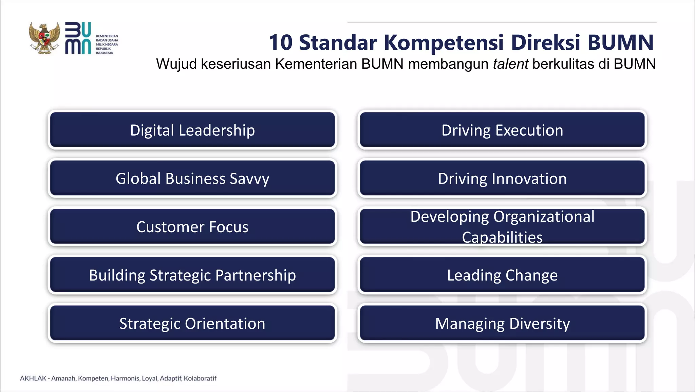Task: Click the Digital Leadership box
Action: coord(192,130)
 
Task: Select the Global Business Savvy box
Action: coord(192,178)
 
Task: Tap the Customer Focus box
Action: coord(192,227)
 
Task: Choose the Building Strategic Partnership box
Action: coord(192,275)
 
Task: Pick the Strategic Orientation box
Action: coord(192,323)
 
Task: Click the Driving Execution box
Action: coord(502,130)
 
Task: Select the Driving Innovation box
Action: coord(502,178)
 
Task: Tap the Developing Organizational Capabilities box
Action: coord(502,227)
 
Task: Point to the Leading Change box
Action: coord(502,275)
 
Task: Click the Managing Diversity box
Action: coord(502,323)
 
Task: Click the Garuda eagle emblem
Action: coord(44,38)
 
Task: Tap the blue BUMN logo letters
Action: coord(78,38)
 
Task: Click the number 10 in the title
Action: coord(281,43)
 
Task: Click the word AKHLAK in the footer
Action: coord(33,378)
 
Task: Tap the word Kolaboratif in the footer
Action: coord(200,378)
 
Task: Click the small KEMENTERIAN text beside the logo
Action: coord(107,36)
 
